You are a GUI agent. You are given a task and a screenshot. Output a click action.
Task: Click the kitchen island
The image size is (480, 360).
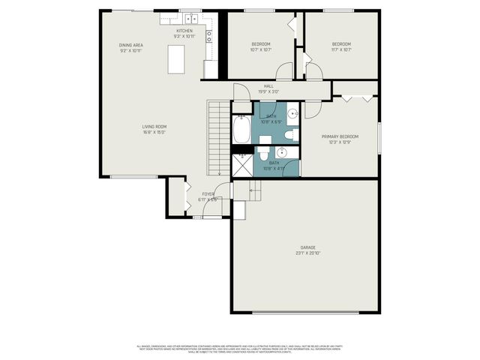click(177, 58)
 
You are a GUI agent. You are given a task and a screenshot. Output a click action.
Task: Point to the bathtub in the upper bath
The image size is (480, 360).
click(241, 130)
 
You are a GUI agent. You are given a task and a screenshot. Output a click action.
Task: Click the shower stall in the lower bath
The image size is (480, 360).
click(242, 165)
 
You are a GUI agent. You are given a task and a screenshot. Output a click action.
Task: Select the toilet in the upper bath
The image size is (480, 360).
click(289, 135)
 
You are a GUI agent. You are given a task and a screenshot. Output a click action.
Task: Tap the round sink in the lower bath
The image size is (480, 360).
click(291, 154)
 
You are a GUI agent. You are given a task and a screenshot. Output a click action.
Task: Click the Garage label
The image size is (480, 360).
click(307, 247)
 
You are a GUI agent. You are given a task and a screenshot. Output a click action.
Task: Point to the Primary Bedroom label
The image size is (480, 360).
click(340, 136)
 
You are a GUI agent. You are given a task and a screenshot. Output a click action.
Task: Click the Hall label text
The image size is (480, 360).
click(268, 86)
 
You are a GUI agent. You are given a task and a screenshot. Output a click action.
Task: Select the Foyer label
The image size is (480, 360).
click(207, 193)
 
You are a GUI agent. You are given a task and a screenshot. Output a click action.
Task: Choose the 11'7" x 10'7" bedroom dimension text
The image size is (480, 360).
click(341, 50)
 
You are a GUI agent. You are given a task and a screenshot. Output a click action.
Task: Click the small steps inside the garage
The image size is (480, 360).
click(254, 192)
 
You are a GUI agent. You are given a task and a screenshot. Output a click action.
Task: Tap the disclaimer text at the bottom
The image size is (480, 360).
click(239, 349)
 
